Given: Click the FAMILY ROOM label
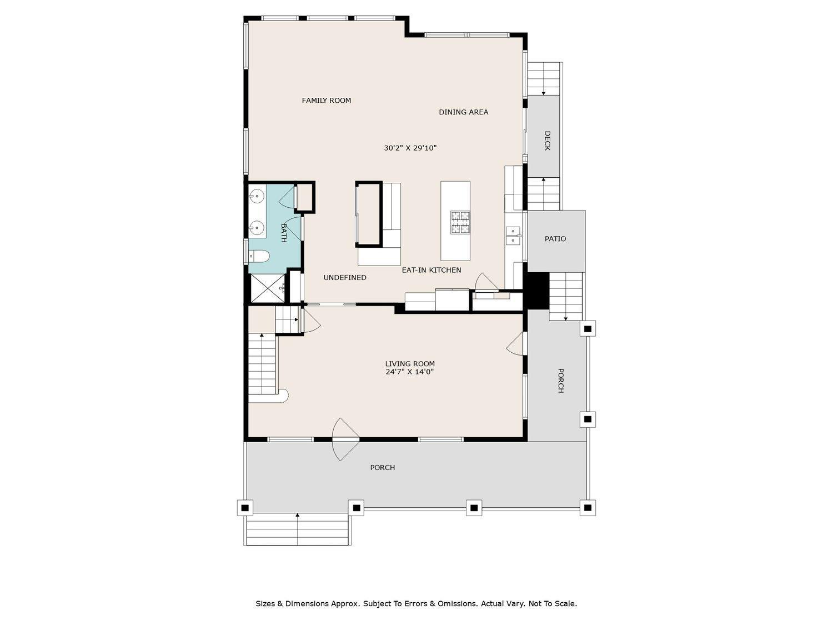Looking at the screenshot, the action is click(326, 101).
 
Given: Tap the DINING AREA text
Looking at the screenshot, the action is click(463, 112).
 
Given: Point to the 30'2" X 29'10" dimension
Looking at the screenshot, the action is click(410, 148).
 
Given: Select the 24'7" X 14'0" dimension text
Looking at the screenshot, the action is click(409, 372).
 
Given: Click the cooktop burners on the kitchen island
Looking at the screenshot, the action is click(460, 222).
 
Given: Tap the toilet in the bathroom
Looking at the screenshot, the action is click(259, 257).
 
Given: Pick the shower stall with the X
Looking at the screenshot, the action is click(267, 288).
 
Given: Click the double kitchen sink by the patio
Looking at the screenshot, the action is click(513, 235).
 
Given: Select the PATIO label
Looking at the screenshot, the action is click(555, 239).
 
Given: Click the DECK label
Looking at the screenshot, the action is click(547, 141).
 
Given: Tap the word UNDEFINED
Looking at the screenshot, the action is click(345, 278).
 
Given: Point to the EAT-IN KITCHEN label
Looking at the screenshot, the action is click(431, 270).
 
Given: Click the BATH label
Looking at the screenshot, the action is click(283, 233).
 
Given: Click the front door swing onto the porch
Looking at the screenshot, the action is click(345, 439).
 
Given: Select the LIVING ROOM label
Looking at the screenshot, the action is click(410, 364).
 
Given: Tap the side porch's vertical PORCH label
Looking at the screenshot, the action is click(560, 381).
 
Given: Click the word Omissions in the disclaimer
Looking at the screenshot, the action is click(458, 604).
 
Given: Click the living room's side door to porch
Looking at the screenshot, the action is click(516, 343).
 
